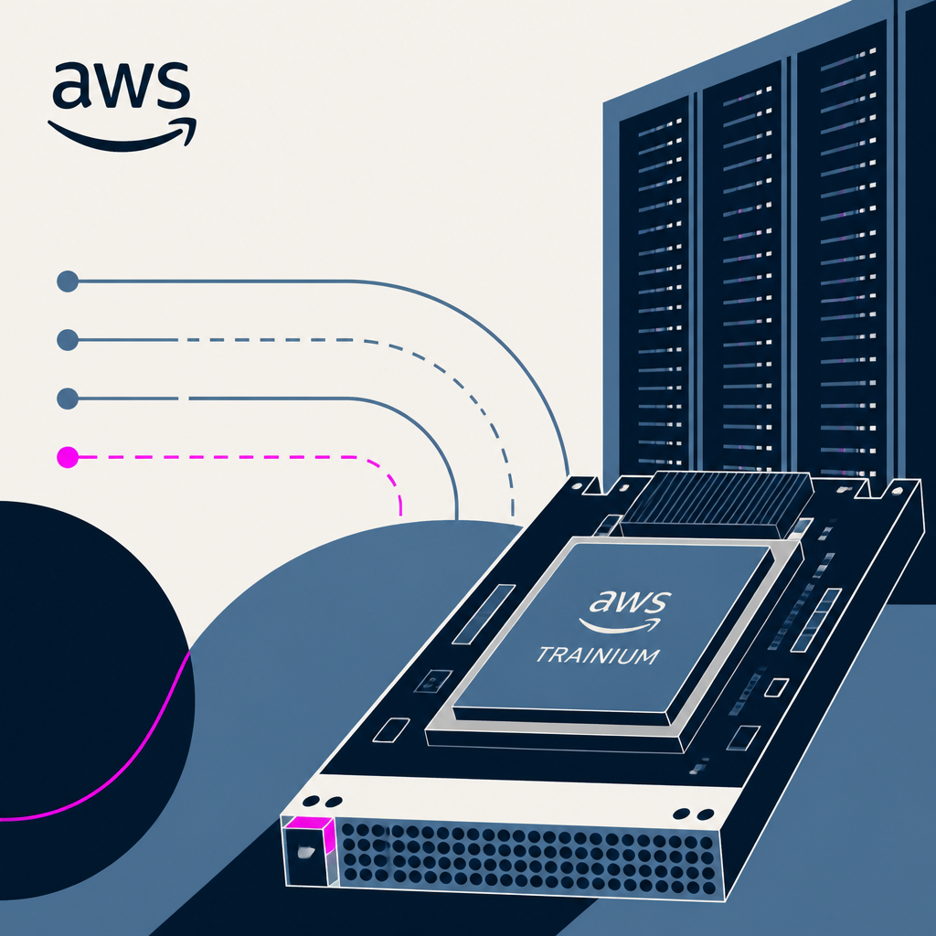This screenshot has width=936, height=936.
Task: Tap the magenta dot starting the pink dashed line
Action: (x=68, y=457)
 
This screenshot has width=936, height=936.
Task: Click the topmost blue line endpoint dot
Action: (x=68, y=282)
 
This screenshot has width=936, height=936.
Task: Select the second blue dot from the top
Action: (x=68, y=340)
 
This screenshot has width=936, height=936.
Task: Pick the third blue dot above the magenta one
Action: (x=68, y=282)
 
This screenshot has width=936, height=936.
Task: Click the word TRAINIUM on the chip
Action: (x=598, y=655)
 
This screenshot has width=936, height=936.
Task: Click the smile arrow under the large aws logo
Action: (x=122, y=136)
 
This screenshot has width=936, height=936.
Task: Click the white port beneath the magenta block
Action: (x=307, y=852)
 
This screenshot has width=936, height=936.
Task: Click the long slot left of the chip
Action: (x=484, y=614)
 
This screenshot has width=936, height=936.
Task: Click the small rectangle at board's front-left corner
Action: (x=391, y=730)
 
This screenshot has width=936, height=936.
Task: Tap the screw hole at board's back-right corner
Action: (x=897, y=490)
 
